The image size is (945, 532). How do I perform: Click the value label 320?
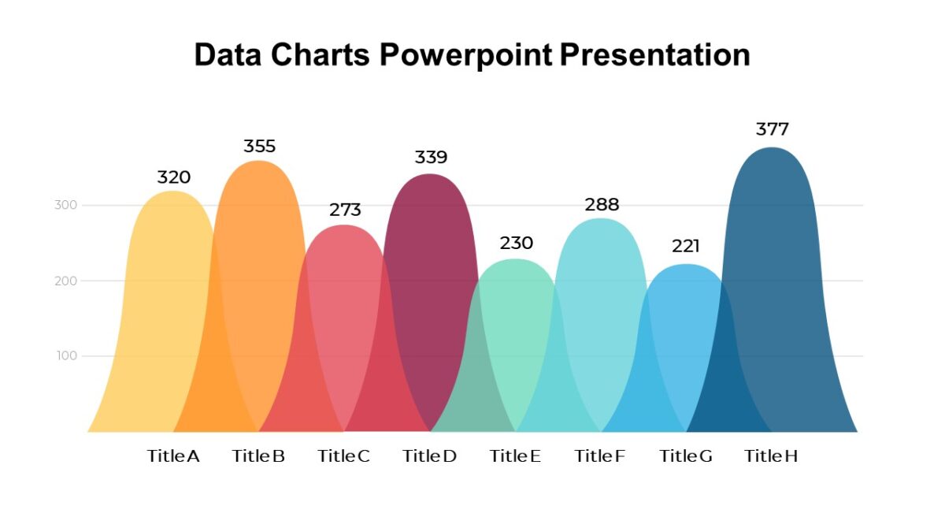tap(174, 177)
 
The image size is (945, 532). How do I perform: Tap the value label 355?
tap(259, 147)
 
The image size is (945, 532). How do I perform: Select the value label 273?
tap(345, 210)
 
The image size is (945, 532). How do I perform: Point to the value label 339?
tap(431, 158)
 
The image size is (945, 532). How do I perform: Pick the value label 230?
tap(517, 243)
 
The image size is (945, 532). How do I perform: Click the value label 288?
tap(602, 205)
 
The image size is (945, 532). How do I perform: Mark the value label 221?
tap(686, 247)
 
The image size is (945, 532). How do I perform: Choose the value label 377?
tap(772, 129)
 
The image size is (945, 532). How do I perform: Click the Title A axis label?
tap(173, 456)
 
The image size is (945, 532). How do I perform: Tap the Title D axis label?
tap(429, 456)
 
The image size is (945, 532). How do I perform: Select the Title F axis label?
tap(600, 456)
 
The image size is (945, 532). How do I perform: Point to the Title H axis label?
tap(771, 456)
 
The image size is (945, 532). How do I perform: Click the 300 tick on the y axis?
tap(65, 206)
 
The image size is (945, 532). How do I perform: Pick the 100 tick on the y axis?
tap(65, 356)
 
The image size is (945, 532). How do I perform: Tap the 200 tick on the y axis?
tap(65, 281)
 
